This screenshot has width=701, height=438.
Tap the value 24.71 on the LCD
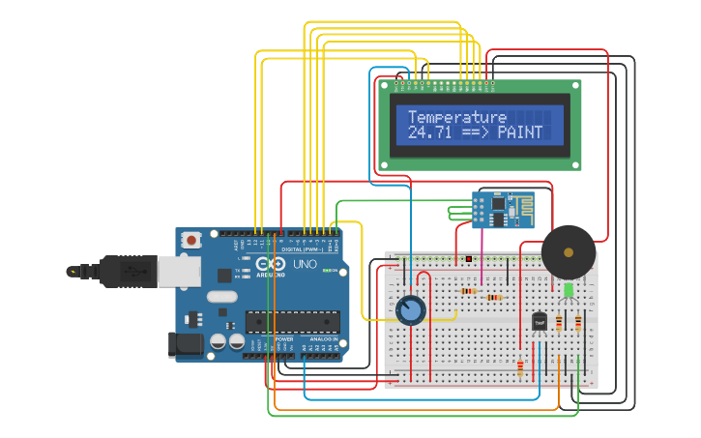pyautogui.click(x=427, y=132)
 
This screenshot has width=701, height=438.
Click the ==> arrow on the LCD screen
pyautogui.click(x=474, y=132)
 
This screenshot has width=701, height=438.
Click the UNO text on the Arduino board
pyautogui.click(x=305, y=263)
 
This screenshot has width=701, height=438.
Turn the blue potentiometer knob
pyautogui.click(x=411, y=309)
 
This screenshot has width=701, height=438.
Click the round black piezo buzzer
pyautogui.click(x=569, y=252)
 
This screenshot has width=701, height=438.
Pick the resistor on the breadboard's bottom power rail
pyautogui.click(x=520, y=367)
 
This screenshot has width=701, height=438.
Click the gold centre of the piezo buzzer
pyautogui.click(x=569, y=252)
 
